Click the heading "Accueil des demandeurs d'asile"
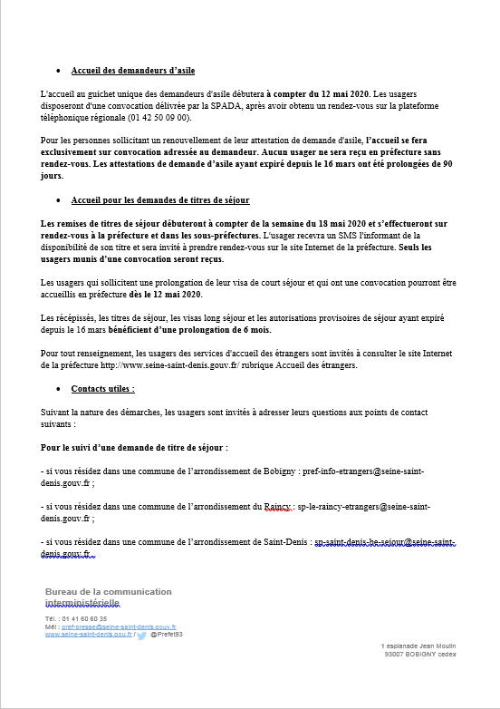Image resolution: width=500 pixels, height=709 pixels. (x=132, y=71)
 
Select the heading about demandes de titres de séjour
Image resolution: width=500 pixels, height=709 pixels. (x=159, y=199)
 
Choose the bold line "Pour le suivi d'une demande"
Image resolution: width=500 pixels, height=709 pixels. (x=134, y=448)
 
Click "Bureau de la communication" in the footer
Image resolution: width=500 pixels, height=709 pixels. (x=108, y=592)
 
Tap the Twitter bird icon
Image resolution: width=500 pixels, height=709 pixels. (x=141, y=636)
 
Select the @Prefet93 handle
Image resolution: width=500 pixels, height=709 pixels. (x=167, y=635)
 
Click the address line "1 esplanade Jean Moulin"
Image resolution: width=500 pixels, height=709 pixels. (x=418, y=645)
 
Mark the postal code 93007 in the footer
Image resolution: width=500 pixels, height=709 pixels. (x=396, y=653)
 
